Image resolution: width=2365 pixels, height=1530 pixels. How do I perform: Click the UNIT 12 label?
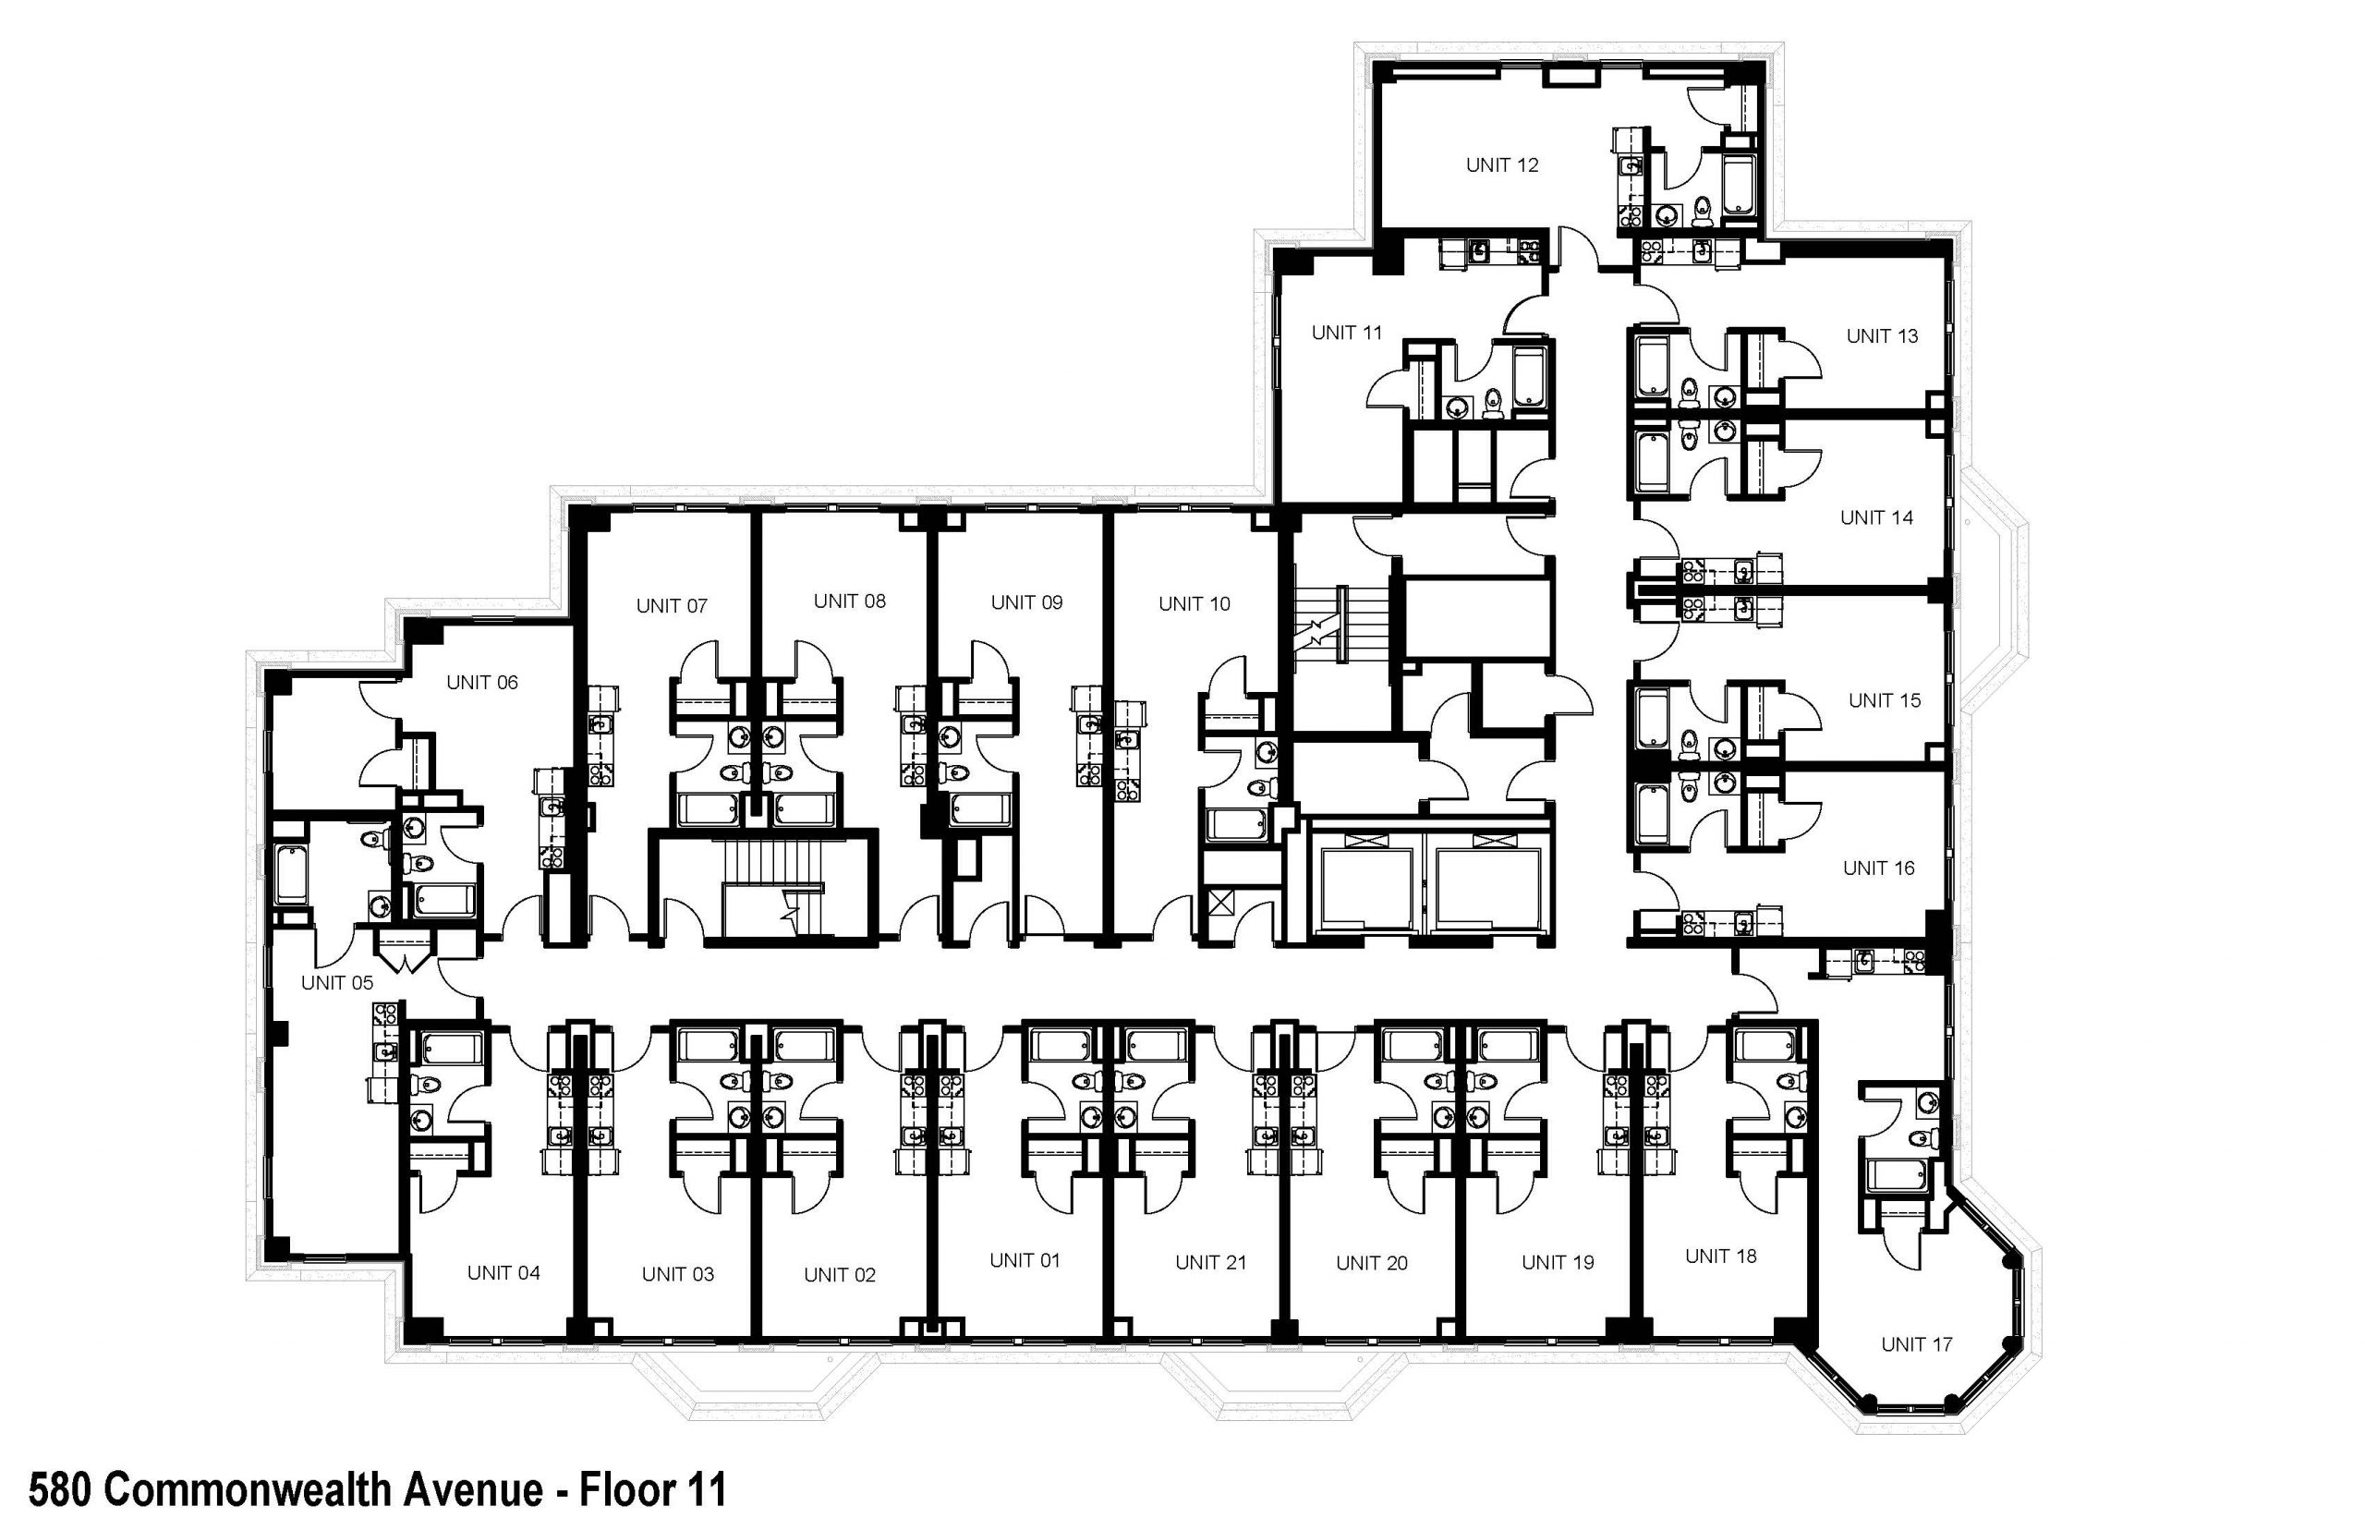click(1502, 165)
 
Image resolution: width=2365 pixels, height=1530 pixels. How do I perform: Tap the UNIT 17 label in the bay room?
click(1916, 1344)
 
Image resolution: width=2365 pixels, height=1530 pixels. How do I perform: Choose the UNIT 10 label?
click(1194, 604)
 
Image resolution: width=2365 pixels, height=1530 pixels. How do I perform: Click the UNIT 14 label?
click(1876, 517)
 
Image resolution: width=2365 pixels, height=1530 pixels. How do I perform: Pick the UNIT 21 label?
click(1210, 1263)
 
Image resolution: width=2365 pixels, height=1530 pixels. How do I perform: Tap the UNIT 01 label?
click(1025, 1261)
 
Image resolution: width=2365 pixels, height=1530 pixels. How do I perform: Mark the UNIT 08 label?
click(849, 601)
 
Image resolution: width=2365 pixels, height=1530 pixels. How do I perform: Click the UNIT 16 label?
click(1878, 868)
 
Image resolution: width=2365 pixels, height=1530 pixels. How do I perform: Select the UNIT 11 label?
click(1346, 333)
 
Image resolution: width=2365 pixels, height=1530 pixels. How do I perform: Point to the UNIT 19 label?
click(1558, 1263)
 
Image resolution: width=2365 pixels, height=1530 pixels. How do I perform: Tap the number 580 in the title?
click(60, 1490)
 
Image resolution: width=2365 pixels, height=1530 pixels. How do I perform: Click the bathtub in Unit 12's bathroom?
click(1740, 185)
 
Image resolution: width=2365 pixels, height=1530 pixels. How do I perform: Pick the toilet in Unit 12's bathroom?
click(1703, 210)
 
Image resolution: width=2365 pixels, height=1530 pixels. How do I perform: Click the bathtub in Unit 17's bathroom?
click(1898, 1175)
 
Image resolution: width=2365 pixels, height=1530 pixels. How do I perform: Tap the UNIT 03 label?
click(677, 1275)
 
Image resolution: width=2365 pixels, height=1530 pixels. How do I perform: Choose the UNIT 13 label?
click(1881, 337)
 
